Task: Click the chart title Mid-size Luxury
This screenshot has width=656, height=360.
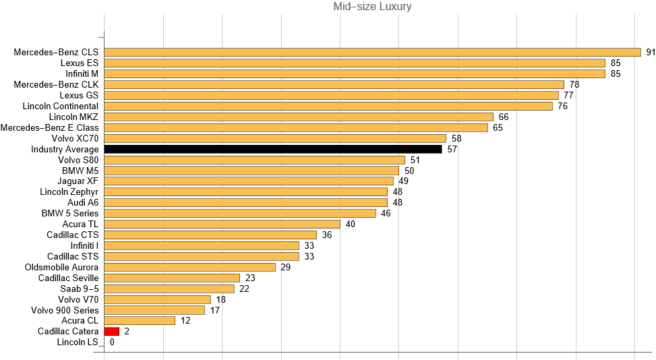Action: [x=372, y=7]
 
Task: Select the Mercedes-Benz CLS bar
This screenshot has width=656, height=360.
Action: [x=372, y=52]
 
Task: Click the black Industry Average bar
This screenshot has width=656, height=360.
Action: [x=273, y=149]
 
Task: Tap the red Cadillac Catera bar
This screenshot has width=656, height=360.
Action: [x=112, y=332]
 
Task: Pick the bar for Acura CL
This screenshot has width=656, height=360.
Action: [x=140, y=321]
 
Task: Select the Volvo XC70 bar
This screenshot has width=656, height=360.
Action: [x=275, y=138]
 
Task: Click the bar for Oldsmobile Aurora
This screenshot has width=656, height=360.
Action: [x=190, y=267]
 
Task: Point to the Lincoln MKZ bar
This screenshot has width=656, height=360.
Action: [x=299, y=117]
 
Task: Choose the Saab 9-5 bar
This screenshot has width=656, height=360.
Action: [x=169, y=289]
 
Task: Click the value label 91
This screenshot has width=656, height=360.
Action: [x=651, y=52]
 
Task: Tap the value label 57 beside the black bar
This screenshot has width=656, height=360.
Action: [x=452, y=149]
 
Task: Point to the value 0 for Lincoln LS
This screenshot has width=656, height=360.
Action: [x=112, y=342]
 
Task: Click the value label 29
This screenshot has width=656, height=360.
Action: [x=285, y=267]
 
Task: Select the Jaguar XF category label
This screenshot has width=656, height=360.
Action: [x=79, y=181]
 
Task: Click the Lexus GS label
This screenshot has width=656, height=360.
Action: [x=79, y=95]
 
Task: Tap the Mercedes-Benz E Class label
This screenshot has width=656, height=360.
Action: [x=50, y=127]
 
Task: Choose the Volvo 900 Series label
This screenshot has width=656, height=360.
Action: [x=65, y=310]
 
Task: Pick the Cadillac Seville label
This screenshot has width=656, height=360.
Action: [x=68, y=278]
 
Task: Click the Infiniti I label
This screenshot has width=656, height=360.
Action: [x=82, y=245]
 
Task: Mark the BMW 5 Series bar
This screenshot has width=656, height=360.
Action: [x=240, y=213]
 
